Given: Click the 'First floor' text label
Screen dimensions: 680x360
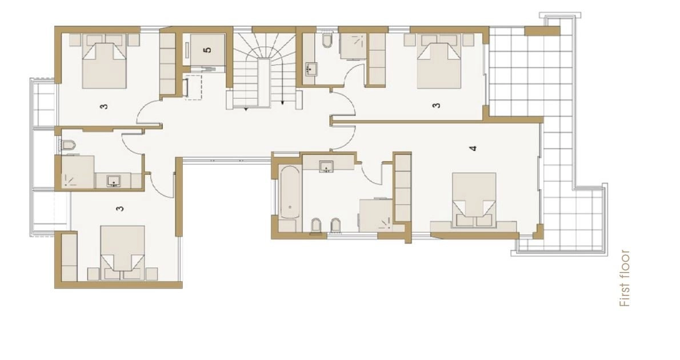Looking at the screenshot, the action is point(624,278).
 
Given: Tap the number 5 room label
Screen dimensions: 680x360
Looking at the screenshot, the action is point(208,50).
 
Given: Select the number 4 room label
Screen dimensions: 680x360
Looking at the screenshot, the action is point(473,149).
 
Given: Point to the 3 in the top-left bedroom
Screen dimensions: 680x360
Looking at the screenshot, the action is point(104,106).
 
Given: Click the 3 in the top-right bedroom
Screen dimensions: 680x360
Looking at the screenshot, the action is point(437,105).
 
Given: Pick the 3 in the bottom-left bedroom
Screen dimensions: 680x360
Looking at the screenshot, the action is point(120,209).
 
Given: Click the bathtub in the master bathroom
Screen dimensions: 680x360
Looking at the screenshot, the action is point(289,192).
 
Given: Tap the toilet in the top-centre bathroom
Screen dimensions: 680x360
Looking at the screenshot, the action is point(327,41).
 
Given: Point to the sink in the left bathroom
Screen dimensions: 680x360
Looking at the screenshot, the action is point(114,181).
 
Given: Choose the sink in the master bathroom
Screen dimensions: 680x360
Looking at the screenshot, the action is point(326,166).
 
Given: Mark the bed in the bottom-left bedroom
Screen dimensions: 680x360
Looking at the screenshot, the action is point(123,253).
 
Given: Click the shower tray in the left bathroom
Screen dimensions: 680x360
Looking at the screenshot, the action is point(78,172).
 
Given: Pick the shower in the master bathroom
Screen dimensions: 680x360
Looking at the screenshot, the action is point(376,215).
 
